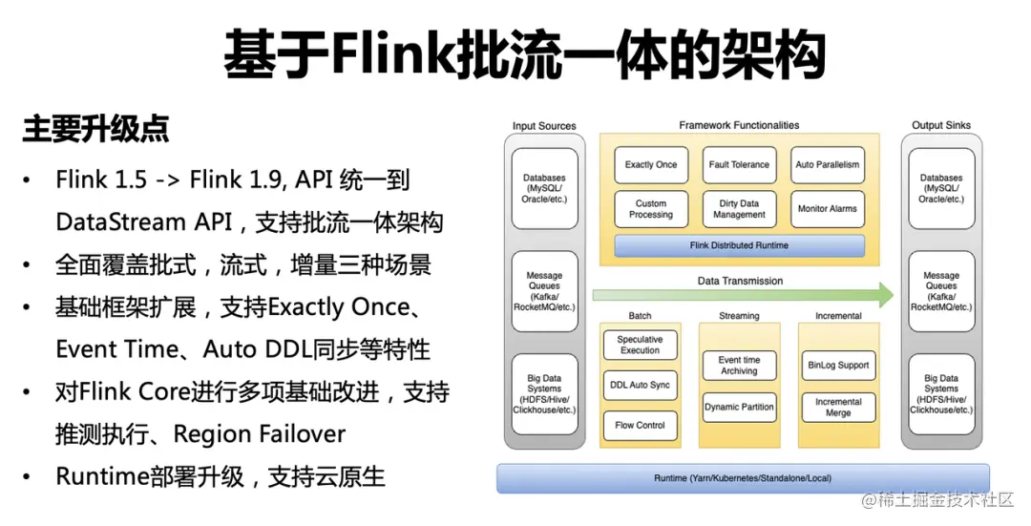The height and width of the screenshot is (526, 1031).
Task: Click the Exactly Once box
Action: (x=651, y=164)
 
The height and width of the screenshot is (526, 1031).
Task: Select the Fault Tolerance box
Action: (x=739, y=164)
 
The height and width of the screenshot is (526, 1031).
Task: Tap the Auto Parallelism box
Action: (x=828, y=164)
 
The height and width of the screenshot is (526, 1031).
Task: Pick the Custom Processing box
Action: (x=651, y=209)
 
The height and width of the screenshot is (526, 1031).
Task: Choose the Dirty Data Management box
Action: (x=739, y=209)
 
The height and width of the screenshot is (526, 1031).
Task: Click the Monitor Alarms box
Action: (x=828, y=209)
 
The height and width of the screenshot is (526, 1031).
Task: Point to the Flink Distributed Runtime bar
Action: (x=739, y=245)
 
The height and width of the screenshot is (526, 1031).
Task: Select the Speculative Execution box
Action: (x=640, y=345)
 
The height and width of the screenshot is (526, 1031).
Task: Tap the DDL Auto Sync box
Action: (x=640, y=385)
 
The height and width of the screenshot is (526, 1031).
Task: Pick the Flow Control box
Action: (x=640, y=425)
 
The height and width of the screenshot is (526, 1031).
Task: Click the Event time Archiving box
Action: (x=739, y=366)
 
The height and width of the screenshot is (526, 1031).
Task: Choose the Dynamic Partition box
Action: (x=739, y=407)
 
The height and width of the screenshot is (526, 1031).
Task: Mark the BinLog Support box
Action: (x=838, y=366)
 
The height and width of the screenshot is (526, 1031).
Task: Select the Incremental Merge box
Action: (x=838, y=408)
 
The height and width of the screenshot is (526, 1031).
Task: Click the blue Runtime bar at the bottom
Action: (x=742, y=477)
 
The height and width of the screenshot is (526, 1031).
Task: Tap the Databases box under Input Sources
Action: (x=544, y=188)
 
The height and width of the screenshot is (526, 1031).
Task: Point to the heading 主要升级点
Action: (x=96, y=130)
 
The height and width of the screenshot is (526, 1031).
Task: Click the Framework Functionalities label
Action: (x=739, y=125)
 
